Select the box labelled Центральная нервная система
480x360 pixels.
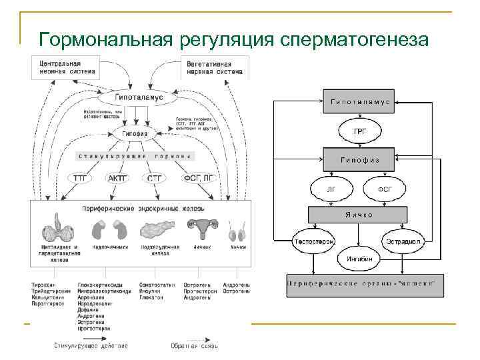68,66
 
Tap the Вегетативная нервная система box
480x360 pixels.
214,66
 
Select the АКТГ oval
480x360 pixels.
119,178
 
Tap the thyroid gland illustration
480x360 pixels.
59,228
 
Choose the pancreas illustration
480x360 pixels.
159,229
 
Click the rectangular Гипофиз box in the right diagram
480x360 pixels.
361,160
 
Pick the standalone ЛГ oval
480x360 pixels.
332,189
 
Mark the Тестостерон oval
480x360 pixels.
314,241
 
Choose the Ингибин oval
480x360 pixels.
359,257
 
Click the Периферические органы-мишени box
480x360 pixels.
361,283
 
